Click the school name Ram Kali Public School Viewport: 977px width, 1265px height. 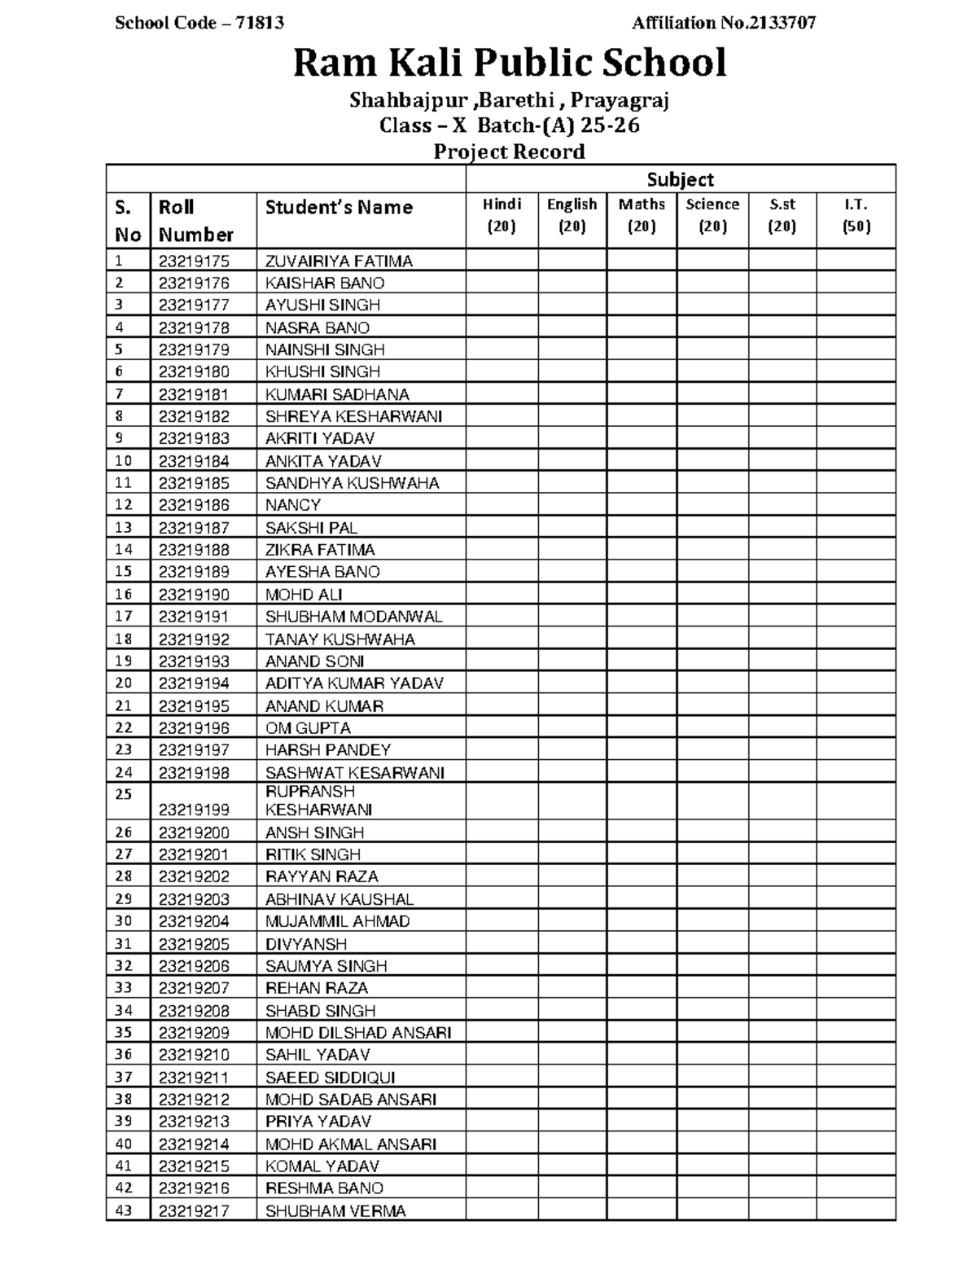pyautogui.click(x=510, y=64)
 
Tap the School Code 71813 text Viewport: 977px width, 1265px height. pyautogui.click(x=199, y=23)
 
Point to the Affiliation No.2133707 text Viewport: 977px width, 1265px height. pyautogui.click(x=723, y=23)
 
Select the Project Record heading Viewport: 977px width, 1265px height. pyautogui.click(x=509, y=152)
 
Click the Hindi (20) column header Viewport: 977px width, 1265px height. pyautogui.click(x=502, y=216)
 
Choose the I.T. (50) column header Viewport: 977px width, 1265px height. pyautogui.click(x=856, y=216)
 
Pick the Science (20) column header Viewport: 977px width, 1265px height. pyautogui.click(x=712, y=216)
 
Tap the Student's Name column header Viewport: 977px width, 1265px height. pyautogui.click(x=339, y=208)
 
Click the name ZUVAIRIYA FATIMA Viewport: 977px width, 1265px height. pyautogui.click(x=339, y=261)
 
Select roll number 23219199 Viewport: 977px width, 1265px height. pyautogui.click(x=194, y=810)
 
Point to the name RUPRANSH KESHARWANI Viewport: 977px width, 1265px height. pyautogui.click(x=319, y=801)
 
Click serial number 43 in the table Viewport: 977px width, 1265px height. pyautogui.click(x=124, y=1210)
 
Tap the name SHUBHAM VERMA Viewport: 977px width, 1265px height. pyautogui.click(x=335, y=1210)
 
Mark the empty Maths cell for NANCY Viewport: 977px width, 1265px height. pyautogui.click(x=642, y=505)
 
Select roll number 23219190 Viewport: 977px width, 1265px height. pyautogui.click(x=194, y=595)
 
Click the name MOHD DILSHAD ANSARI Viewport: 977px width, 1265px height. pyautogui.click(x=358, y=1033)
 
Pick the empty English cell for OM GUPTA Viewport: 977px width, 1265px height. pyautogui.click(x=572, y=728)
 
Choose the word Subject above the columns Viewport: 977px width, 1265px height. pyautogui.click(x=680, y=179)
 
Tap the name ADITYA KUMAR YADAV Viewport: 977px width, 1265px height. pyautogui.click(x=354, y=683)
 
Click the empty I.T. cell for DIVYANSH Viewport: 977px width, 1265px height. pyautogui.click(x=856, y=944)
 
